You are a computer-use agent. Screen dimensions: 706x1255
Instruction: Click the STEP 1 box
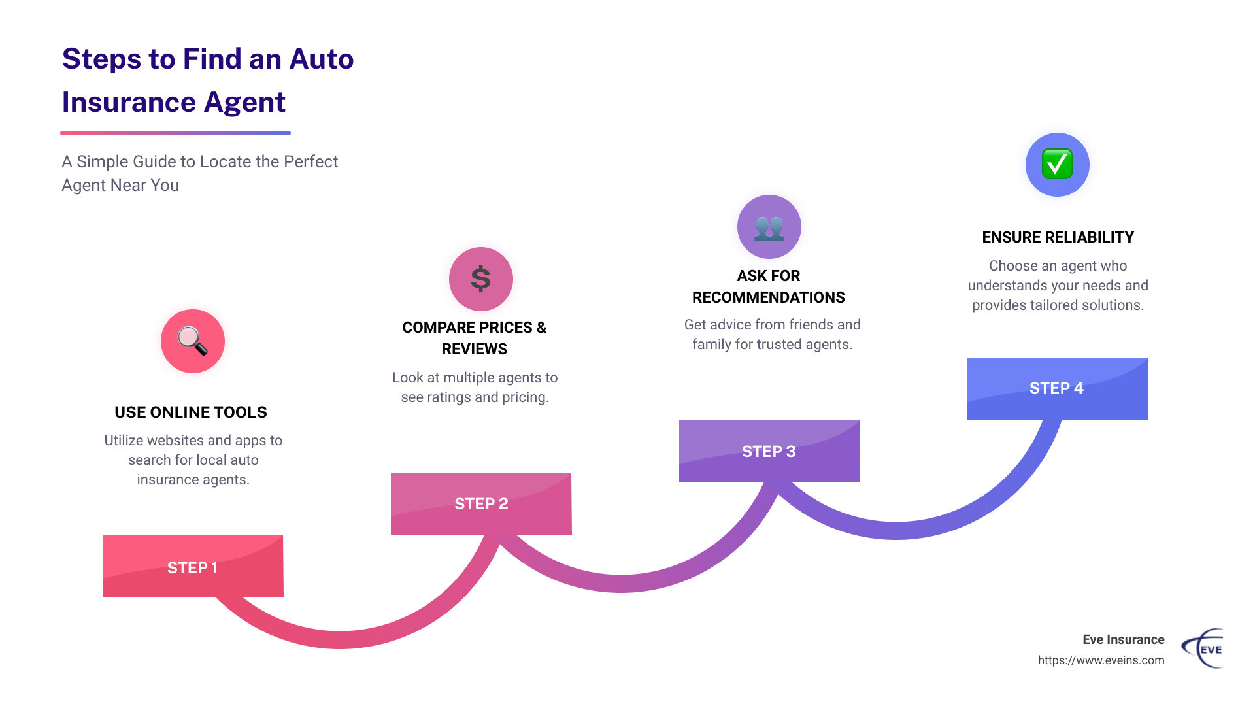click(193, 566)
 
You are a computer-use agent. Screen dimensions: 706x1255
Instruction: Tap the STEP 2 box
click(481, 503)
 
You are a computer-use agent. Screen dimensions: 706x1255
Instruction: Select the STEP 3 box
click(769, 451)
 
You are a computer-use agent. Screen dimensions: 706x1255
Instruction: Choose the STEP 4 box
click(1057, 388)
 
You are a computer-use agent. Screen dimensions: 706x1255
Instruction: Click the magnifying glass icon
click(193, 341)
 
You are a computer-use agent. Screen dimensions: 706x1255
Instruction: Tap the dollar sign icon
click(481, 279)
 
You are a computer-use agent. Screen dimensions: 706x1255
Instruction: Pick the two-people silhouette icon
click(769, 227)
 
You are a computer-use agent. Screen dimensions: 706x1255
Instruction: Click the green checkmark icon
click(1057, 164)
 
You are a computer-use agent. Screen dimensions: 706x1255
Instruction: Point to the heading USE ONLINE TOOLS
click(191, 412)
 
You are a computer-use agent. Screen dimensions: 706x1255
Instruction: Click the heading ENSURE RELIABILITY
click(1058, 237)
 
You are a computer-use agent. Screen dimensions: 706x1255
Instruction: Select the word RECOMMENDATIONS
click(768, 297)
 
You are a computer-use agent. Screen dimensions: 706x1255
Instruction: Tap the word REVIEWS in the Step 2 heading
click(475, 349)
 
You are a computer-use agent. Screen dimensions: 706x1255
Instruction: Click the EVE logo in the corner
click(1203, 648)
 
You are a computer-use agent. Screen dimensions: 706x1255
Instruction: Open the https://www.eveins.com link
click(1101, 660)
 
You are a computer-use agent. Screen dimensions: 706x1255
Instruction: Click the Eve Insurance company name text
click(1123, 640)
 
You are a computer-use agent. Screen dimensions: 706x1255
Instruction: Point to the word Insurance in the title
click(129, 103)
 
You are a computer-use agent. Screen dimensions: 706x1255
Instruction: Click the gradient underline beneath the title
click(175, 133)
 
